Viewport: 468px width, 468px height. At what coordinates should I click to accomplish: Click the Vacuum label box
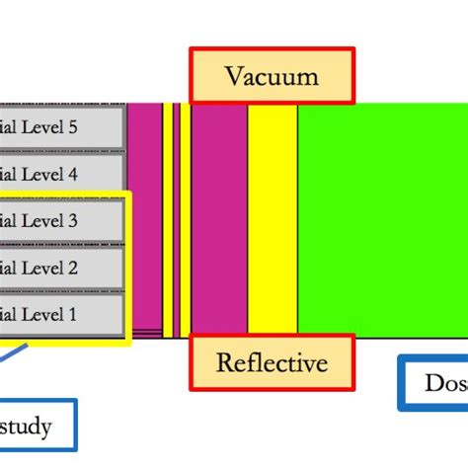[x=271, y=75]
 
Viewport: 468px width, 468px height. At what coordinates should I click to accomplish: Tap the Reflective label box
[x=271, y=363]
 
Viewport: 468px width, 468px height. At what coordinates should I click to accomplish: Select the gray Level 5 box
[x=61, y=127]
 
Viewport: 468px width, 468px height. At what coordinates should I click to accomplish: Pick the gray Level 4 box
[x=61, y=175]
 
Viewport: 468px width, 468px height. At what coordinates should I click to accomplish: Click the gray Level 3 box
[x=61, y=221]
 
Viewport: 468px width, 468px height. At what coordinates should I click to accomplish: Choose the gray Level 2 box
[x=61, y=268]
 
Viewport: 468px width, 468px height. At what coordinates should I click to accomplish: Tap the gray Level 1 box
[x=61, y=314]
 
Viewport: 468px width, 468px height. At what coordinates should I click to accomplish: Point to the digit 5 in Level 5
[x=71, y=127]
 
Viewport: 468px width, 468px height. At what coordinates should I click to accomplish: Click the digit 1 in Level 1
[x=71, y=314]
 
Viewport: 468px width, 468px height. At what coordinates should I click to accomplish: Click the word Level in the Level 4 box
[x=39, y=175]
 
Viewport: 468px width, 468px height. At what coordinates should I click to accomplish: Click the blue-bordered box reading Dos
[x=434, y=382]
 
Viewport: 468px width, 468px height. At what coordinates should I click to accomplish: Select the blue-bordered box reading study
[x=35, y=427]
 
